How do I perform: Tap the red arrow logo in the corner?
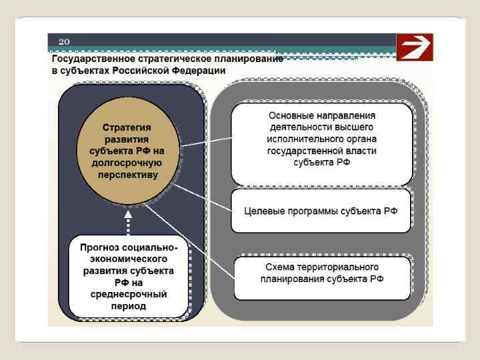coord(413,47)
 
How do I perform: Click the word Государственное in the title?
coord(89,59)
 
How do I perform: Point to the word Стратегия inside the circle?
coord(127,127)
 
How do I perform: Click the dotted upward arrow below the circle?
coord(127,221)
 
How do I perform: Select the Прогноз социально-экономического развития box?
coord(128,276)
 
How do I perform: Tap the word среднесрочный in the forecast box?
coord(128,294)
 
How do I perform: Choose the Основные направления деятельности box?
coord(322,143)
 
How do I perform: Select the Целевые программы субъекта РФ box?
coord(321,211)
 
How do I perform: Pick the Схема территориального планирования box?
coord(322,273)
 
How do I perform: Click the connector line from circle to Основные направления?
coord(207,141)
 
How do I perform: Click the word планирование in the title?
coord(253,59)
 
